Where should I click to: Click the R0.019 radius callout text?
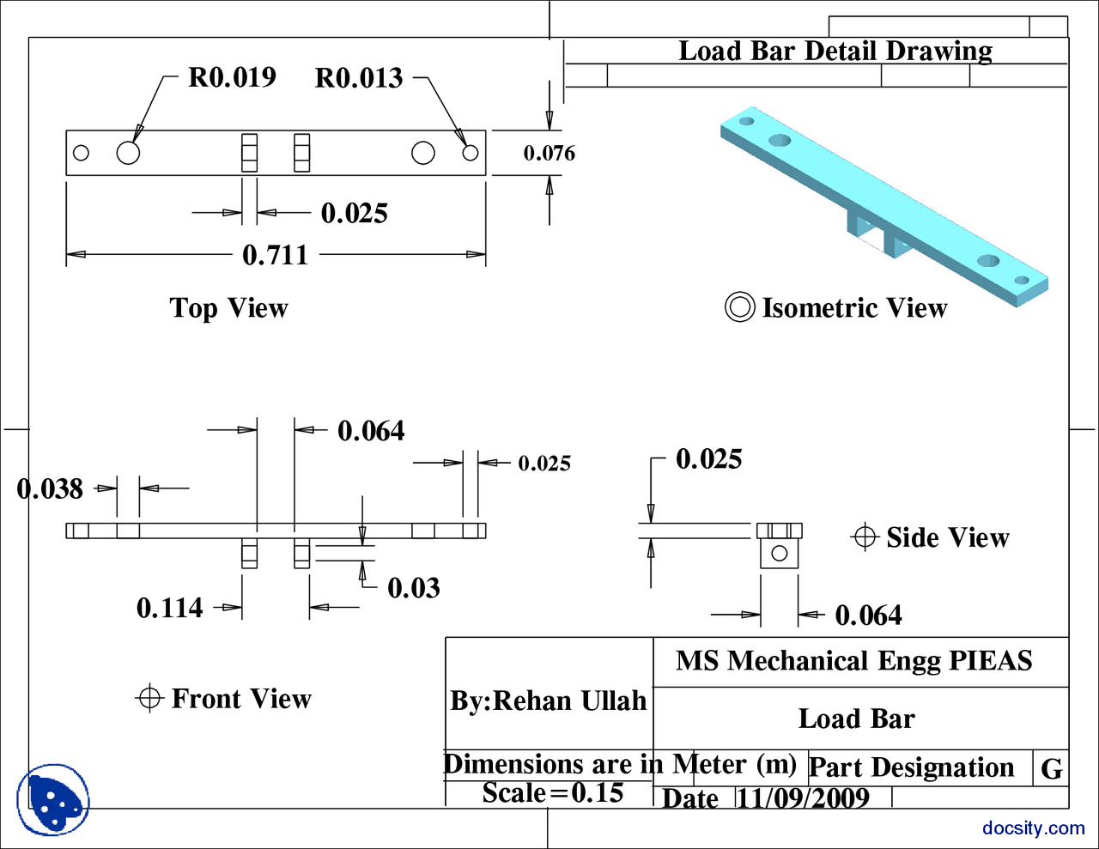point(232,77)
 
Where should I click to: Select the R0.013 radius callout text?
point(359,78)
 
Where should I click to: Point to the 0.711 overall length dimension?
point(275,255)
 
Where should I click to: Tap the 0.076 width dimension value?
point(549,154)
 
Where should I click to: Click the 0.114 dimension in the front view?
point(169,609)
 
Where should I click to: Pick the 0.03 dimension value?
point(413,588)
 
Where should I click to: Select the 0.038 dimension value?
point(50,489)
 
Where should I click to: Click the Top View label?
point(228,308)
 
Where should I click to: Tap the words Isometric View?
point(854,308)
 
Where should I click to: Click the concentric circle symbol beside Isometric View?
point(739,307)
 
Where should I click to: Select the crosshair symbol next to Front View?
point(149,698)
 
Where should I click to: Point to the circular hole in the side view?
point(779,554)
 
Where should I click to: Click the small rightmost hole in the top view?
point(470,153)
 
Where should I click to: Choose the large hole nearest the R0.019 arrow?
point(128,153)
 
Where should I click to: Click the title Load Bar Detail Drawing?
point(835,52)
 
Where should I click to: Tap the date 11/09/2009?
point(803,798)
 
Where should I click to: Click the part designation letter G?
point(1051,768)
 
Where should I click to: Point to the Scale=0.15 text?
point(552,792)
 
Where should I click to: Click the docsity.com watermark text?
point(1033,828)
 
